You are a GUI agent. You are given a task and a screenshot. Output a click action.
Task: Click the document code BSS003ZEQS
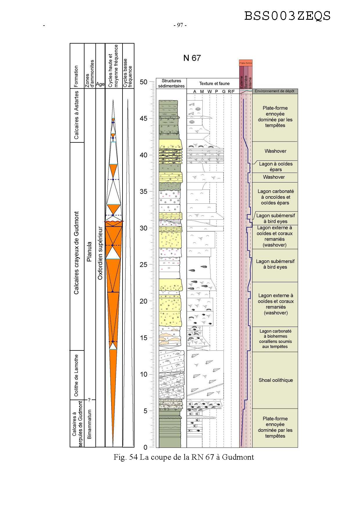point(287,16)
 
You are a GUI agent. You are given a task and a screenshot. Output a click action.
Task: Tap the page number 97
point(180,25)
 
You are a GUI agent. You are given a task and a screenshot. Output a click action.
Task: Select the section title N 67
point(192,58)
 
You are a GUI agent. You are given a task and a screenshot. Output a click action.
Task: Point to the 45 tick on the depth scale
point(143,119)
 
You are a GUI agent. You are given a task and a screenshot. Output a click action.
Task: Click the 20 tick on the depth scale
point(143,301)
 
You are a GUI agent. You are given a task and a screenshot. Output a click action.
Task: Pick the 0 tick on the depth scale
point(145,447)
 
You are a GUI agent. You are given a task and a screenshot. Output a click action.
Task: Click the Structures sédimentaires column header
point(171,83)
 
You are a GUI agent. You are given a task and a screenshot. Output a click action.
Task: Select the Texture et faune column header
point(215,84)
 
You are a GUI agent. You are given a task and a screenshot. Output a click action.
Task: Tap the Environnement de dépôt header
point(274,91)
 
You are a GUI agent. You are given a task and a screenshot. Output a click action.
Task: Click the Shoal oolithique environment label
point(276,380)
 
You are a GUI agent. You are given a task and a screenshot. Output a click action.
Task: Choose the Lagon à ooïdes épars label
point(276,167)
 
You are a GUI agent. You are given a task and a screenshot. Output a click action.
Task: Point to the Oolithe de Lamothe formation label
point(76,375)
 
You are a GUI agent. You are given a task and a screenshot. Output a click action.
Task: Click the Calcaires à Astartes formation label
point(76,115)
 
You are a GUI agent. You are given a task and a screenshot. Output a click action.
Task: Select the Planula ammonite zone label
point(89,252)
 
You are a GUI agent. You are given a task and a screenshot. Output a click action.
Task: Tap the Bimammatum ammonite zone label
point(89,424)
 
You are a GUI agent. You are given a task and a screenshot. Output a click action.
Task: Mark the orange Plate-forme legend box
point(246,63)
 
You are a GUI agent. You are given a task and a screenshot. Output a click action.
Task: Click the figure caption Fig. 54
point(183,457)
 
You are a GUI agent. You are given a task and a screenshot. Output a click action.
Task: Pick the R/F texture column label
point(231,92)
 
